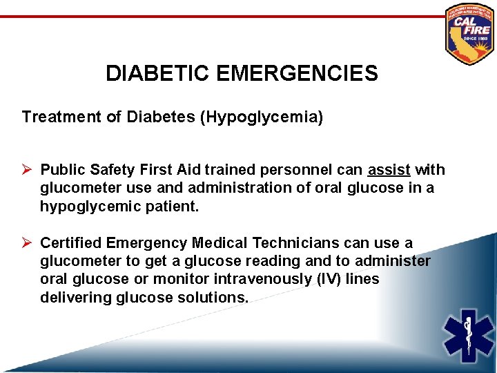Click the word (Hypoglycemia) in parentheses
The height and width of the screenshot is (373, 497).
(x=261, y=117)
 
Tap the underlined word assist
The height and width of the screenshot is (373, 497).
(x=390, y=170)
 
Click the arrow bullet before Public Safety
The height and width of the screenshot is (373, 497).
(x=28, y=170)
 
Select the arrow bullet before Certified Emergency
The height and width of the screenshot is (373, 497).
(x=28, y=243)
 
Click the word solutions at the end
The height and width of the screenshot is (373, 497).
(x=211, y=297)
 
